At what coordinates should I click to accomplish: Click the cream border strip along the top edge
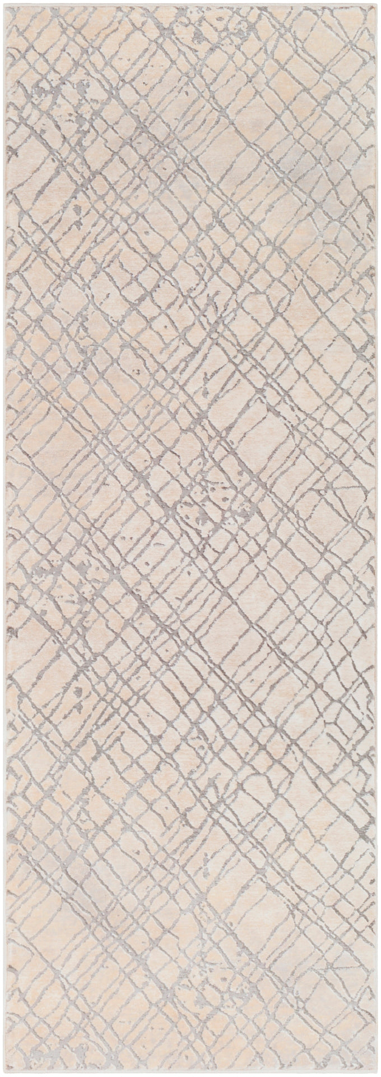click(190, 4)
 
